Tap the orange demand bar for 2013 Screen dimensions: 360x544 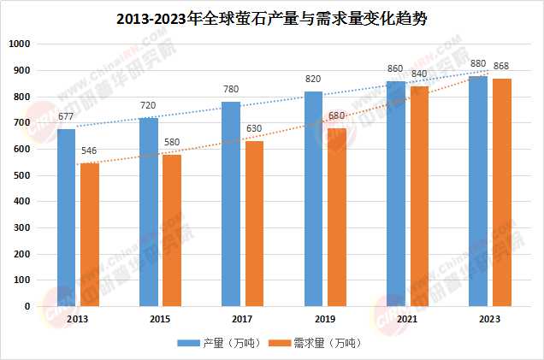pyautogui.click(x=90, y=234)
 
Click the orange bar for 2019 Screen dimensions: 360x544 pyautogui.click(x=336, y=217)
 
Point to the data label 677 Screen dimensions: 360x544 pyautogui.click(x=67, y=116)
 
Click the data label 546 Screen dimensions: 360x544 pyautogui.click(x=90, y=151)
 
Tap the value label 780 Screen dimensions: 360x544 pyautogui.click(x=231, y=90)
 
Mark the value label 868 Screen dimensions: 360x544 pyautogui.click(x=502, y=67)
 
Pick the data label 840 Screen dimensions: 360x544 pyautogui.click(x=419, y=74)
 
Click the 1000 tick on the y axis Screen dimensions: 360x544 pyautogui.click(x=18, y=44)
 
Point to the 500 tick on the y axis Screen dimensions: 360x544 pyautogui.click(x=21, y=175)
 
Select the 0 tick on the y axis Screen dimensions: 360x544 pyautogui.click(x=27, y=306)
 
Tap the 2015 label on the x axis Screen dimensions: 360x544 pyautogui.click(x=160, y=318)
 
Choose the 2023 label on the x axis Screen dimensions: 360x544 pyautogui.click(x=489, y=318)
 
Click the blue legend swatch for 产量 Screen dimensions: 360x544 pyautogui.click(x=188, y=344)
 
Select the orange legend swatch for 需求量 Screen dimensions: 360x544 pyautogui.click(x=279, y=344)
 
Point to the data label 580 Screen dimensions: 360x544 pyautogui.click(x=172, y=142)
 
